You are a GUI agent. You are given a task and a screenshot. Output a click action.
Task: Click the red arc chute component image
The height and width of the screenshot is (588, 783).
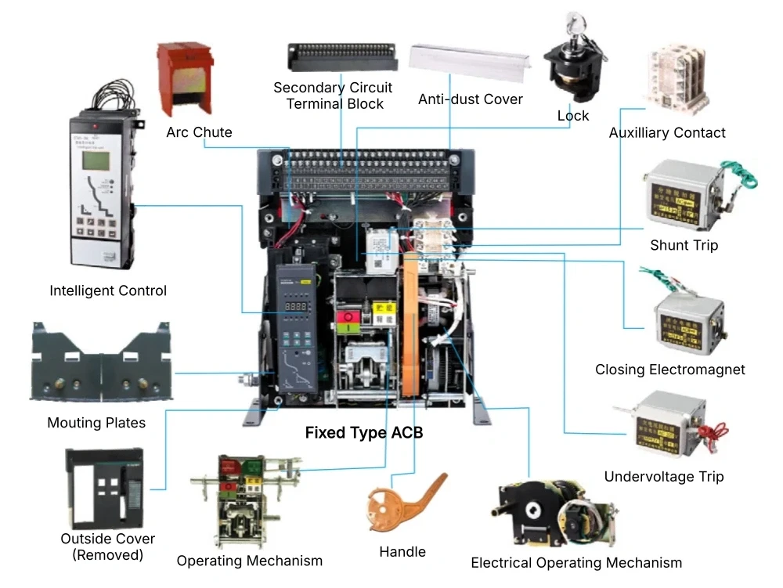[186, 78]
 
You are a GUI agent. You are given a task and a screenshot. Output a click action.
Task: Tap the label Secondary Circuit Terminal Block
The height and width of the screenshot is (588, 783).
[333, 96]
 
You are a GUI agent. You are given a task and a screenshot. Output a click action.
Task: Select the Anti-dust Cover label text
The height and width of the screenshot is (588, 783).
[470, 99]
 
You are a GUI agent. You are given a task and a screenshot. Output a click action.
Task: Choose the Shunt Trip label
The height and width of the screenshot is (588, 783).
[684, 245]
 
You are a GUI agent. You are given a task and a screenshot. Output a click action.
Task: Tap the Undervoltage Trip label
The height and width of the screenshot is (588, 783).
[664, 476]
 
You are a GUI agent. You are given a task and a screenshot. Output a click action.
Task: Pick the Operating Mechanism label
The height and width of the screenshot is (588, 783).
[249, 561]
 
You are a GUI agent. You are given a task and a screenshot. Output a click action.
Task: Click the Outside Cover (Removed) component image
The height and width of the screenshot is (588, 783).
[104, 488]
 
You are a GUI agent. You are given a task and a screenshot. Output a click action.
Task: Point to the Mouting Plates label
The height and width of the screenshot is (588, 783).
[96, 423]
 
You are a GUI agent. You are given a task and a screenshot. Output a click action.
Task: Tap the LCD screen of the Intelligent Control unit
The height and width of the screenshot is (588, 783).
[98, 160]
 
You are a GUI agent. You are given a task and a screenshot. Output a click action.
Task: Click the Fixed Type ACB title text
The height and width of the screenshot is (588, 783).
[363, 432]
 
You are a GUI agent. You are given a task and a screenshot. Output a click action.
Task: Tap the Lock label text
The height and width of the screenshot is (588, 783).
[572, 116]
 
